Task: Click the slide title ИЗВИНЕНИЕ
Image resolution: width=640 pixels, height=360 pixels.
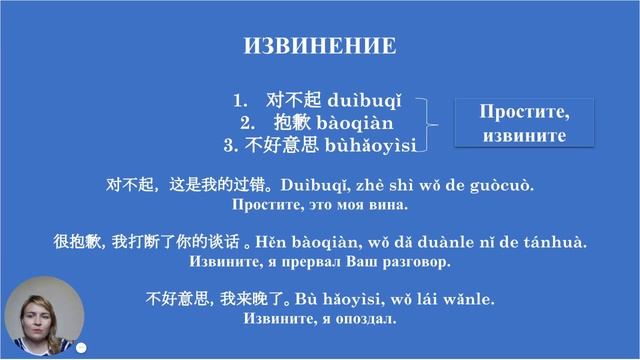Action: tap(320, 47)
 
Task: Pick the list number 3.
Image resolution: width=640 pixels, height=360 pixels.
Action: tap(228, 147)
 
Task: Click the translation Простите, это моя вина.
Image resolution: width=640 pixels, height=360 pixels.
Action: tap(320, 206)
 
